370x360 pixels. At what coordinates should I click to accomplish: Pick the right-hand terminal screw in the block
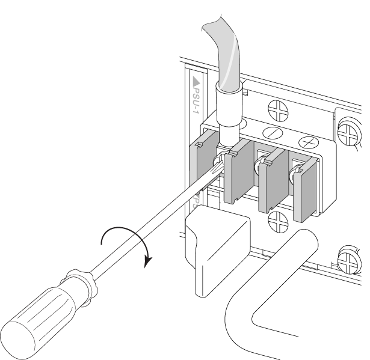point(295,175)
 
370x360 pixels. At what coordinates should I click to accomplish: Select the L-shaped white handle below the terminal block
point(265,282)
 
